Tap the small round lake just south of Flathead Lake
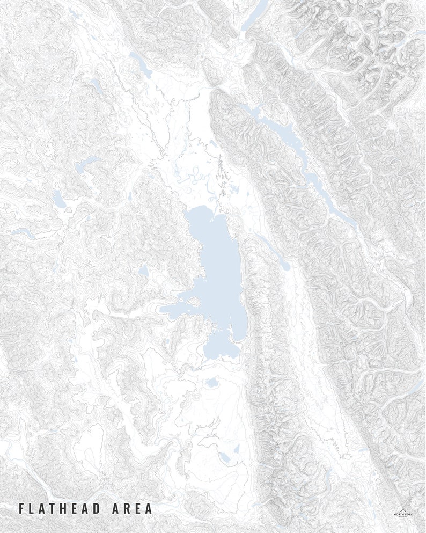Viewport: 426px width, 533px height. [x=212, y=383]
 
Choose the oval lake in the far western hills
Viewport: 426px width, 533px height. [x=58, y=200]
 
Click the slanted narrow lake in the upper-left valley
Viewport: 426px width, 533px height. [x=141, y=65]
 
